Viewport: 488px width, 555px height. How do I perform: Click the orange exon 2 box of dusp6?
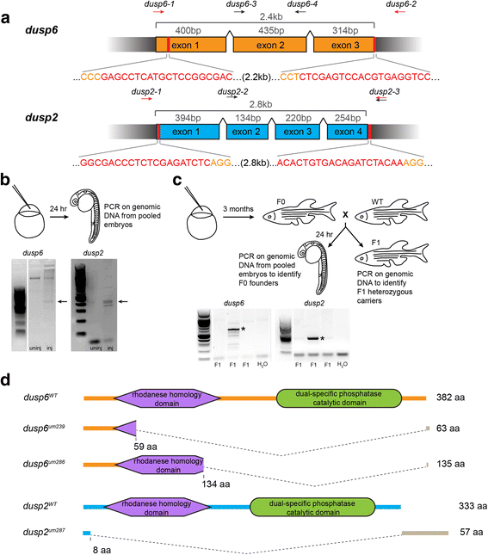(270, 45)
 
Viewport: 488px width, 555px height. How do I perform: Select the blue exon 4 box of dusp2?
(348, 132)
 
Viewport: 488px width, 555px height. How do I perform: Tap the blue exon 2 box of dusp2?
(247, 132)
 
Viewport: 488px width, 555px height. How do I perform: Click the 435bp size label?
(271, 30)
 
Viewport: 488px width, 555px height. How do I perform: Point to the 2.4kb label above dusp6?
(271, 16)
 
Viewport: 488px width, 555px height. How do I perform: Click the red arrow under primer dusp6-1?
(158, 12)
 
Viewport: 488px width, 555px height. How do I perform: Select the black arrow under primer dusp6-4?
(300, 12)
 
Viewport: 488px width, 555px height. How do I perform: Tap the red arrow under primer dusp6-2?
(400, 12)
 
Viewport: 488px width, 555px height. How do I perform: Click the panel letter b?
(5, 180)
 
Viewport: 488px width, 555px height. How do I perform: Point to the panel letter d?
(5, 379)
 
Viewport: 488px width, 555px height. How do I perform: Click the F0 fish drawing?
(300, 212)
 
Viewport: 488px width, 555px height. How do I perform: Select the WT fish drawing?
(392, 212)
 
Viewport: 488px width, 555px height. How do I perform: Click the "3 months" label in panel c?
(238, 209)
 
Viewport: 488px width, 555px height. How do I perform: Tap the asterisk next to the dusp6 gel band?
(244, 330)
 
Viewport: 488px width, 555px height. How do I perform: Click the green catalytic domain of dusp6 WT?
(339, 398)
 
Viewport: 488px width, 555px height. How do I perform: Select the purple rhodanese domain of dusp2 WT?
(158, 507)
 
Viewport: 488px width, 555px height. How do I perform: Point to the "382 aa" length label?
(450, 398)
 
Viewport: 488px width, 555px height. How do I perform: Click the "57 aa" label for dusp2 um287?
(472, 532)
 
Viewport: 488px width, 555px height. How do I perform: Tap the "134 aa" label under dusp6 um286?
(216, 484)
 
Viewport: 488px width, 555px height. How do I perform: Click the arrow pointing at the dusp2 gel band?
(122, 301)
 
